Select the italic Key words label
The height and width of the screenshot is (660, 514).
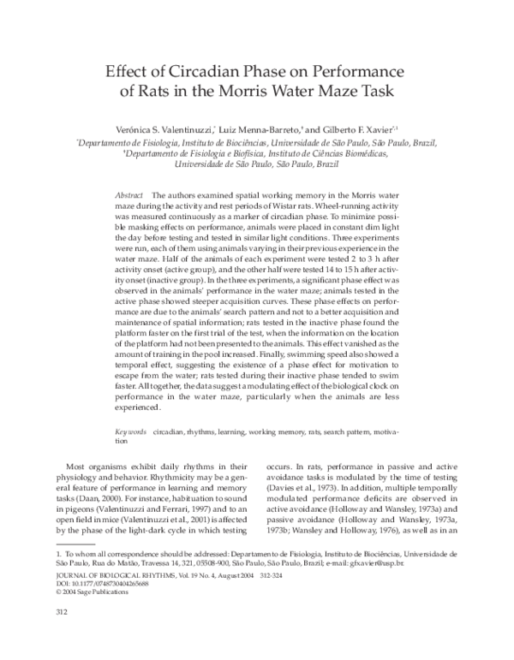[x=130, y=433]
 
